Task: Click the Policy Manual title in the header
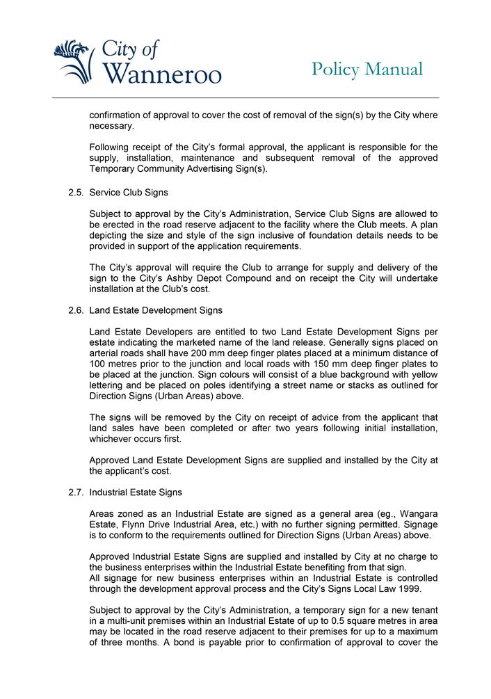coord(367,70)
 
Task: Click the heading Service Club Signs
coord(129,192)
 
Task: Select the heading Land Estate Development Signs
coord(156,310)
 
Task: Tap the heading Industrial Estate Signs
coord(136,492)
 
